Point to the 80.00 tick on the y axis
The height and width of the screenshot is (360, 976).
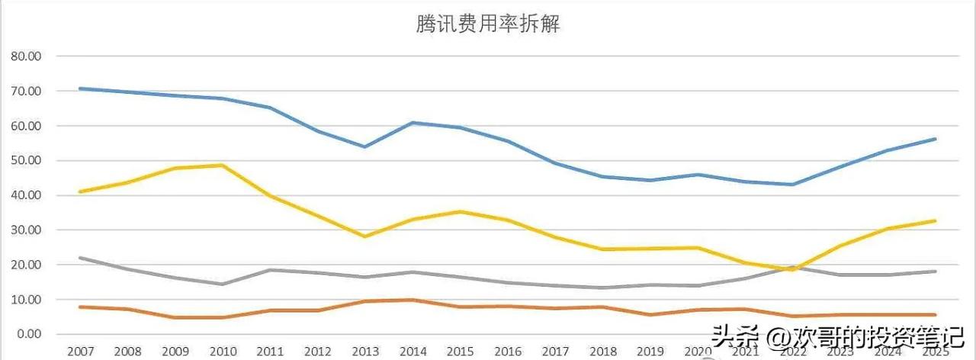click(25, 56)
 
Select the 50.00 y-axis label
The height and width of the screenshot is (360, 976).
click(25, 161)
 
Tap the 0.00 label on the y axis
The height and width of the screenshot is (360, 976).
click(28, 334)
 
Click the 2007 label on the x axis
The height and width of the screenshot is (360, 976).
click(80, 351)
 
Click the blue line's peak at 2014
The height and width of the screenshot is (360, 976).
click(412, 122)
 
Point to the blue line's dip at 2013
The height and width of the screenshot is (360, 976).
click(364, 146)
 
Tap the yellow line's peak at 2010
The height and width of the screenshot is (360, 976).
click(222, 165)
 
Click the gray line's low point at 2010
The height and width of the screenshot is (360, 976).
click(222, 284)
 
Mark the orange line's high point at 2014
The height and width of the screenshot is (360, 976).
click(412, 300)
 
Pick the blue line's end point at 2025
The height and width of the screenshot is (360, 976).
click(935, 139)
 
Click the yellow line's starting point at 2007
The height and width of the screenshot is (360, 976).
click(80, 191)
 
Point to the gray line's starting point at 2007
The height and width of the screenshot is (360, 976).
click(80, 258)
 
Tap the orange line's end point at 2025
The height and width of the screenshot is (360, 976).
click(935, 314)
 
